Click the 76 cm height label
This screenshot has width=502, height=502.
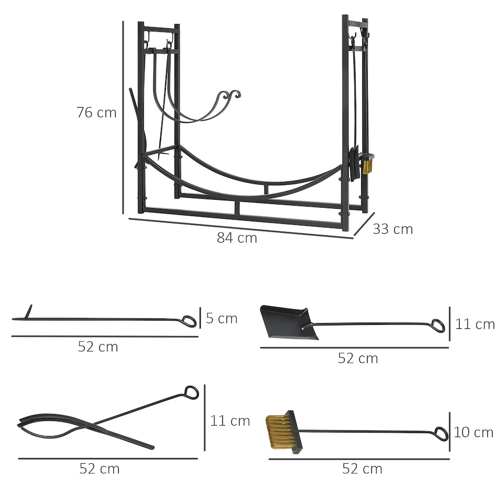point(96,112)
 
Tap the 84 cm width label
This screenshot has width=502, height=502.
point(237,238)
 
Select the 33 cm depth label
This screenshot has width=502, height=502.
point(392,229)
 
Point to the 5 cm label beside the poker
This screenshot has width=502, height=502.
point(221,318)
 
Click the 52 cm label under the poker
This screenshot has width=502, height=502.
point(98,347)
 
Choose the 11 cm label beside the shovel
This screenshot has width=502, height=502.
point(474,324)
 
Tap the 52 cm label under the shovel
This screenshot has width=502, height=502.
point(358,358)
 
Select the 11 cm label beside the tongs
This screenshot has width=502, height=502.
point(230,420)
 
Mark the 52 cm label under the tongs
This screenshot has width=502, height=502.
point(99,469)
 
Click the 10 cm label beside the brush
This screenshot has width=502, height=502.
point(473,432)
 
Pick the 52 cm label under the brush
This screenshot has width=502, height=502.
point(362,469)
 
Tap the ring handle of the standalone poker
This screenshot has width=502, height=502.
point(189,321)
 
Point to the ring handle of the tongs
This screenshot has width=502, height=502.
point(191,393)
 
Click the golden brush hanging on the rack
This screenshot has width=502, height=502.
point(368,165)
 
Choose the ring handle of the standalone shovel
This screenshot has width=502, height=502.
point(438,326)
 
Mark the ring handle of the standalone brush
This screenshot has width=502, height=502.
point(441,434)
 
